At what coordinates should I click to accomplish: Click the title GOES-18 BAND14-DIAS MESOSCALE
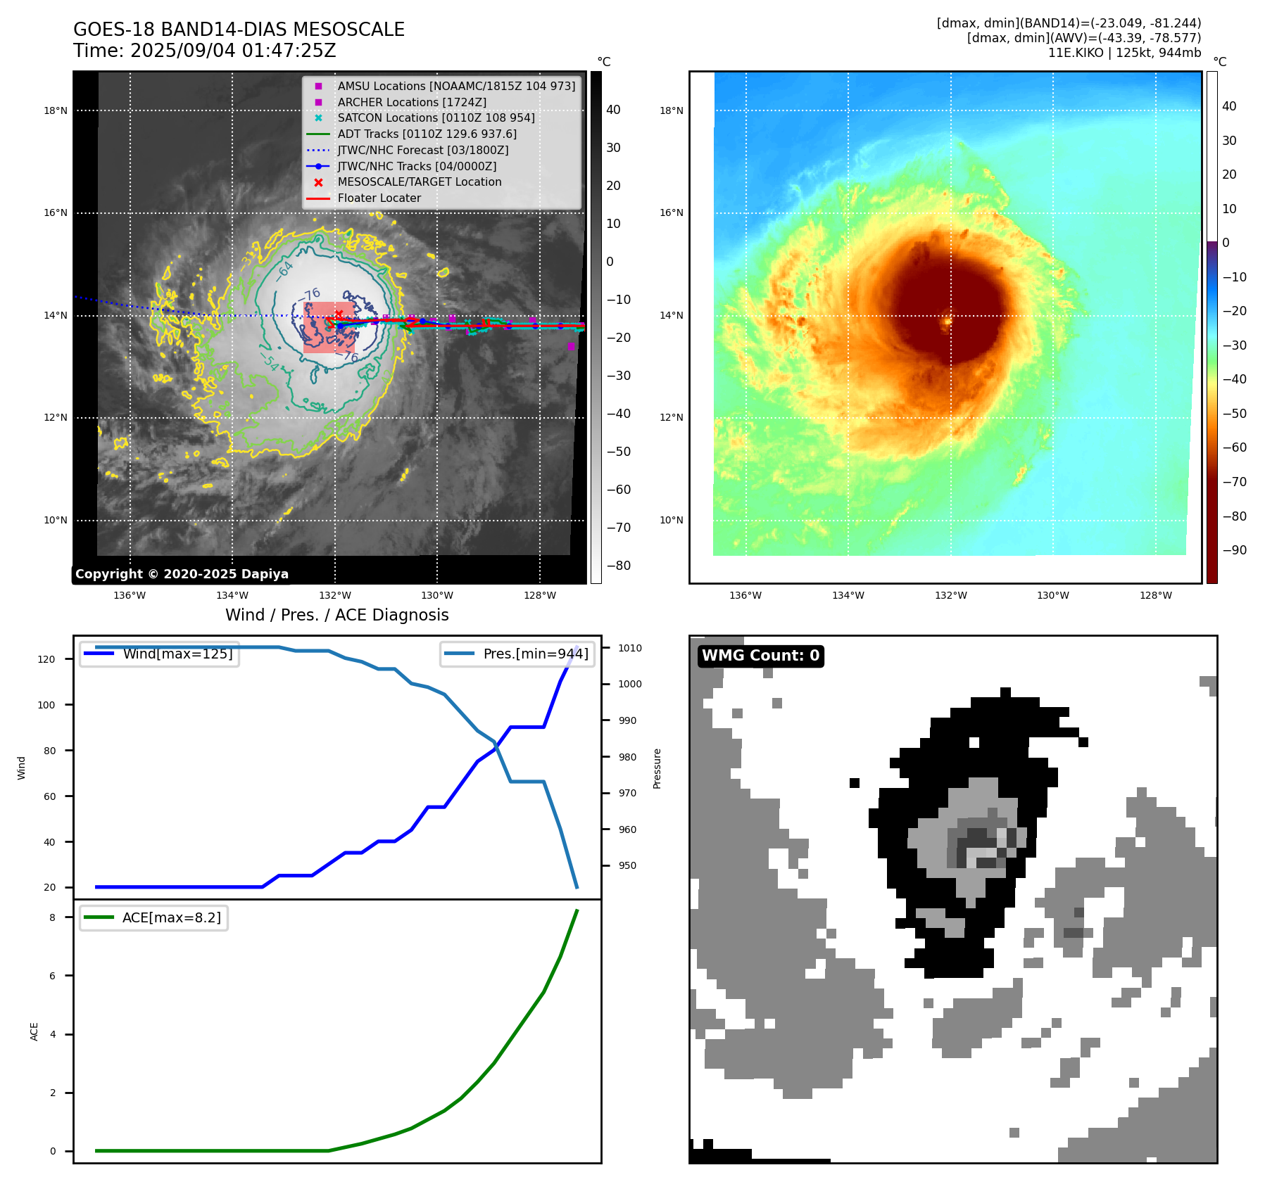(x=239, y=30)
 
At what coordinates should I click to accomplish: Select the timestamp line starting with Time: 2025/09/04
(x=204, y=51)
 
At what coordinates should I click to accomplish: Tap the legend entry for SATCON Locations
(x=436, y=117)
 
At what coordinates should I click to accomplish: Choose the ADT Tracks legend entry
(x=427, y=134)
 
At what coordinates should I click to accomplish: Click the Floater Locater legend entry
(x=379, y=198)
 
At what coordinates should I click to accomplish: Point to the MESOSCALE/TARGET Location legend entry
(x=419, y=182)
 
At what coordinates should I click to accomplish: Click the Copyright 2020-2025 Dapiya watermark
(x=182, y=574)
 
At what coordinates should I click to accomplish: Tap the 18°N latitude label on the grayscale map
(x=56, y=110)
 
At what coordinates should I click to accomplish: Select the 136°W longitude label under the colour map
(x=745, y=595)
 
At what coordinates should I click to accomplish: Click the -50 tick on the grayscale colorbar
(x=619, y=452)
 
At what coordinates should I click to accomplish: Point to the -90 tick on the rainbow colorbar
(x=1234, y=550)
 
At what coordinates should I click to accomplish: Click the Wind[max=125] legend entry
(x=177, y=654)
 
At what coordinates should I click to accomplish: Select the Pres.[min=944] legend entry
(x=535, y=654)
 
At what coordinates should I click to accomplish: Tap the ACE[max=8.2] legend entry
(x=171, y=917)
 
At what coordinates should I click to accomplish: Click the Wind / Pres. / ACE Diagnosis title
(x=336, y=615)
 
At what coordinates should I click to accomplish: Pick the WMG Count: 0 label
(x=760, y=656)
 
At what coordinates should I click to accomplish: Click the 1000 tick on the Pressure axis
(x=630, y=684)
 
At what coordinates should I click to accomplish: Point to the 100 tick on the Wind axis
(x=46, y=705)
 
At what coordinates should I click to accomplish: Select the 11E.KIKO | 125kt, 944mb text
(x=1124, y=53)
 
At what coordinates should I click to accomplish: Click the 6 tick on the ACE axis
(x=52, y=976)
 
